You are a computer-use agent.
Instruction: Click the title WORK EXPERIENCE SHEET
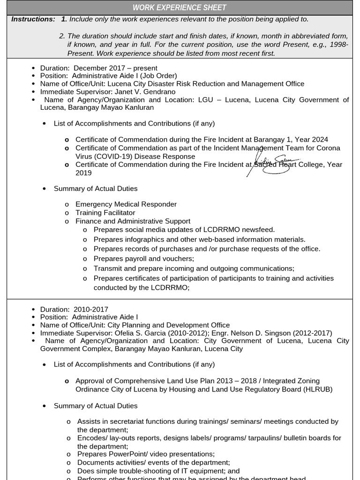click(180, 7)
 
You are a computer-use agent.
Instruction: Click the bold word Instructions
click(33, 19)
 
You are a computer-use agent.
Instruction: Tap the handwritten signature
click(274, 164)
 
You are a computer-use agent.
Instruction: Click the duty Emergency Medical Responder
click(126, 204)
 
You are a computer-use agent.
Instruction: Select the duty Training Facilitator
click(105, 213)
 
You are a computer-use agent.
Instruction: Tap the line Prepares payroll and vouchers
click(143, 259)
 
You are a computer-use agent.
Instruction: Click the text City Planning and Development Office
click(168, 325)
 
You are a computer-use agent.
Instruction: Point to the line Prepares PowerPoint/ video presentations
click(146, 454)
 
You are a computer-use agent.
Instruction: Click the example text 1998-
click(339, 44)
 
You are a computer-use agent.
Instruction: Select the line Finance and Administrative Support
click(133, 221)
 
